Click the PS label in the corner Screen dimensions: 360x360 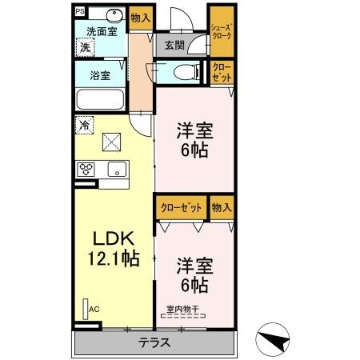(79, 12)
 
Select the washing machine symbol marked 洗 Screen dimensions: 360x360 (86, 47)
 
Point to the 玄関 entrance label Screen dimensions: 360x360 (174, 46)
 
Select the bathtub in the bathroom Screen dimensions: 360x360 (100, 101)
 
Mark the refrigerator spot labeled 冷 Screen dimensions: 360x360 (84, 125)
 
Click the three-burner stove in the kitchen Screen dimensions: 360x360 (86, 170)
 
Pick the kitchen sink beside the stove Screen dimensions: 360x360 (115, 169)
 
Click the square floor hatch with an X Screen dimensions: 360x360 (112, 144)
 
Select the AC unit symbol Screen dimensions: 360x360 (87, 307)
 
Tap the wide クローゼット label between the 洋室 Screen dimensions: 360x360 (180, 207)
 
